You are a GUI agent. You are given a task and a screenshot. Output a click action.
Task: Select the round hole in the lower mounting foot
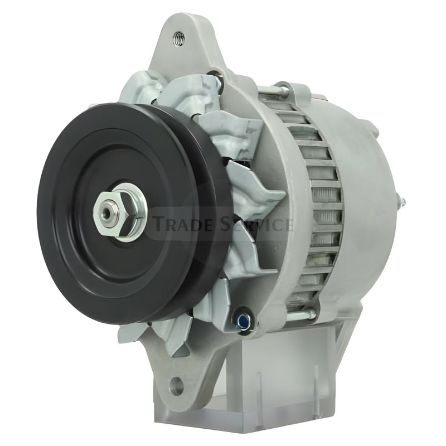coord(177,384)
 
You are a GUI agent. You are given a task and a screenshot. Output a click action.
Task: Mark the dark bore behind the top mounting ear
coord(215,75)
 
